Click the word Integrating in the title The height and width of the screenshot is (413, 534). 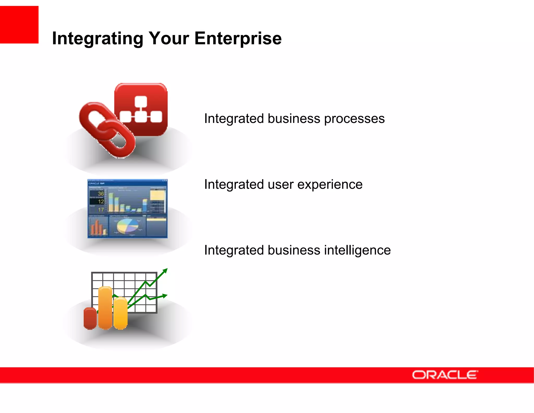[98, 38]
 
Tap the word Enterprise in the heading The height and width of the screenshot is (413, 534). [238, 38]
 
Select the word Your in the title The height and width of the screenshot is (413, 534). [168, 38]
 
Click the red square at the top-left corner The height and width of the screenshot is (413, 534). [19, 25]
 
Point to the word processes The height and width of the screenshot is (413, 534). [354, 119]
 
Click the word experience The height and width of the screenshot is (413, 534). [330, 185]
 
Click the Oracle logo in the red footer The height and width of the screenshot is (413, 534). [445, 375]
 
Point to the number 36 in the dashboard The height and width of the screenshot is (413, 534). [101, 193]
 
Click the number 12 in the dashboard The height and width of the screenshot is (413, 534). [101, 201]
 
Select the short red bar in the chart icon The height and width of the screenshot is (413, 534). [90, 318]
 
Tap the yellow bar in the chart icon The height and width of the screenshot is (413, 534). [120, 313]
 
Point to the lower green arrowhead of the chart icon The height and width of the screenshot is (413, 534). [165, 296]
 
